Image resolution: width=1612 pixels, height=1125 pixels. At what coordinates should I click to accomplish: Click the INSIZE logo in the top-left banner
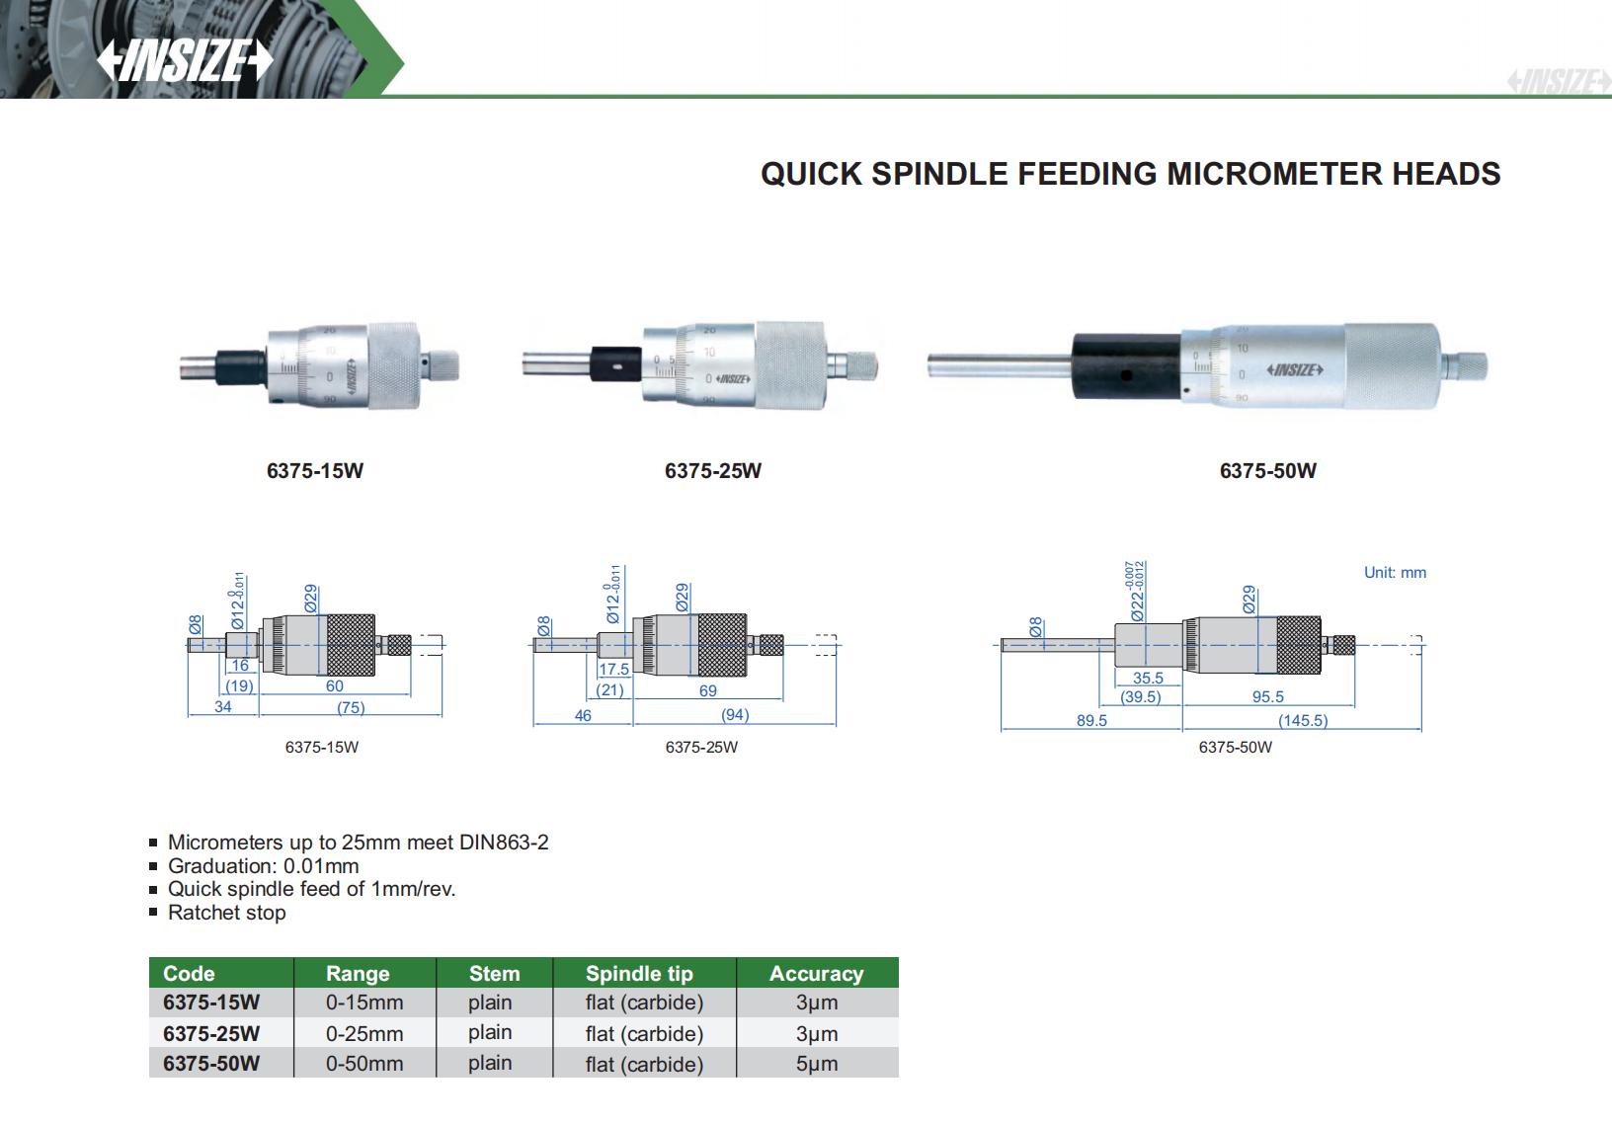point(184,61)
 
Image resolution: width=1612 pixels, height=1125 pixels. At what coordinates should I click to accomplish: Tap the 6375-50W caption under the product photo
point(1267,470)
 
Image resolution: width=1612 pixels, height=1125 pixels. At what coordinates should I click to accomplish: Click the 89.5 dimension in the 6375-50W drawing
point(1091,721)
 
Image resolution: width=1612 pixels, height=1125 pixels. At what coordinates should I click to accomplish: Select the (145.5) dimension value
point(1303,721)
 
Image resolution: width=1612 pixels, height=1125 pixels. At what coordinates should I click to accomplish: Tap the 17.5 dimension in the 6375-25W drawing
point(613,669)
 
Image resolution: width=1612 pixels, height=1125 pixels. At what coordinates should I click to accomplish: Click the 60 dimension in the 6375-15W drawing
point(335,686)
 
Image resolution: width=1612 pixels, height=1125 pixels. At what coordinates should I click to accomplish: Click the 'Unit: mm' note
point(1395,573)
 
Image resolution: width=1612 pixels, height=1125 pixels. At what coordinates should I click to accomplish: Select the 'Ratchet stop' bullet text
point(227,913)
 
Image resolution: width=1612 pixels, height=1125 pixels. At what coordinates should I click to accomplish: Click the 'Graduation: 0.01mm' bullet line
point(264,866)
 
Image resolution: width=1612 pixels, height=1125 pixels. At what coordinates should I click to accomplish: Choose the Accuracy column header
point(816,973)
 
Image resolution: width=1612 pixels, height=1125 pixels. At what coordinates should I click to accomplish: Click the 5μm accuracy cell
point(816,1064)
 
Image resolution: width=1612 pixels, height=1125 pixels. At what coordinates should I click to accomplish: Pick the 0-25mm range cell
point(364,1033)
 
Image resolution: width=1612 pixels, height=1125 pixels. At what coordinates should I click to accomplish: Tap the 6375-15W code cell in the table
point(211,1003)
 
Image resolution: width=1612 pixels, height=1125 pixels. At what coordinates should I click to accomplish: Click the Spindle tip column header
point(639,973)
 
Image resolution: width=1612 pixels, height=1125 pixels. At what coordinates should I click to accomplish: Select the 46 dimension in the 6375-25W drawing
point(583,715)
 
